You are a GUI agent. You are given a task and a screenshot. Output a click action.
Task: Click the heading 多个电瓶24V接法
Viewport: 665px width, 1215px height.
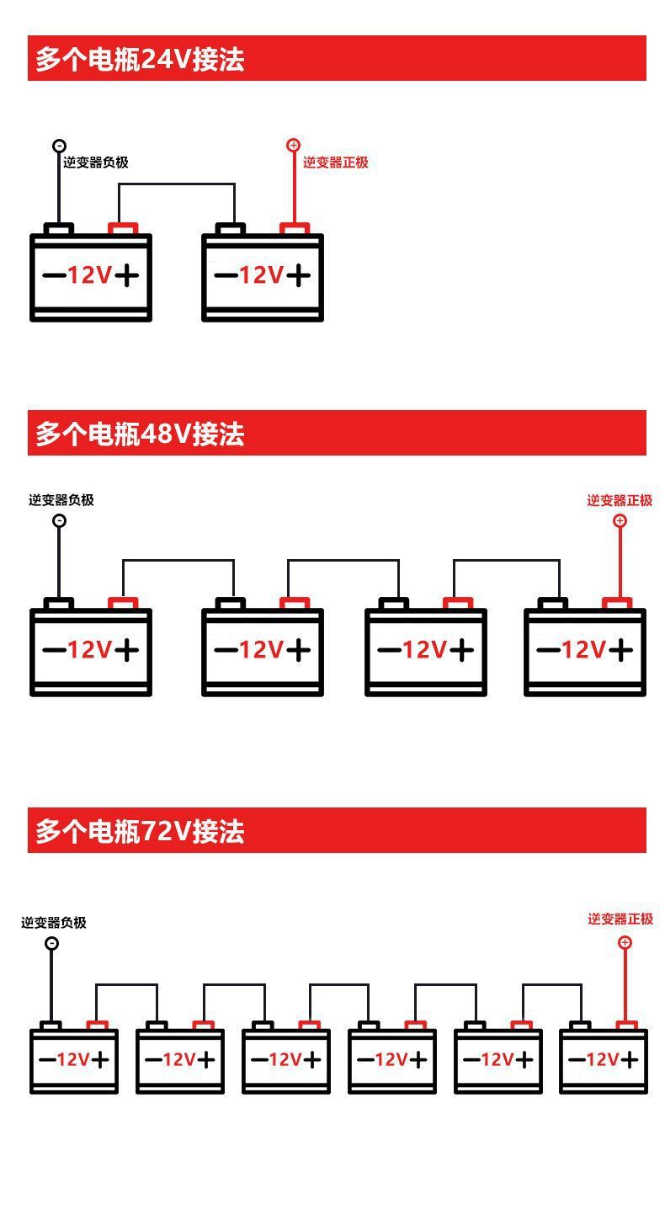(139, 59)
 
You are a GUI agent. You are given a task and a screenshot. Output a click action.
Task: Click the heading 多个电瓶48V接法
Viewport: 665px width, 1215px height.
(139, 434)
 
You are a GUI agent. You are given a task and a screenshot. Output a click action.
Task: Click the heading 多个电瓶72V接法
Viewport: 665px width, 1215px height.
(139, 831)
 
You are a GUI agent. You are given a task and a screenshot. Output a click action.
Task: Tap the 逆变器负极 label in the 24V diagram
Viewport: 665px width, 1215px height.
(96, 163)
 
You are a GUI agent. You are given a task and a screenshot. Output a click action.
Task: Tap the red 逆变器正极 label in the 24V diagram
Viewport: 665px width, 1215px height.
(336, 163)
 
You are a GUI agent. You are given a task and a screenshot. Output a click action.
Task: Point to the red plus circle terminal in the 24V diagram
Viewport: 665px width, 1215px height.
(293, 146)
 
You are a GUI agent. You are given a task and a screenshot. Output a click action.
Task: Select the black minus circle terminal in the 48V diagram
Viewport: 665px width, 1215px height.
(59, 520)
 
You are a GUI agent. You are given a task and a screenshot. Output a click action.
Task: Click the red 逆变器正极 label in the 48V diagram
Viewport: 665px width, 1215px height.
(620, 500)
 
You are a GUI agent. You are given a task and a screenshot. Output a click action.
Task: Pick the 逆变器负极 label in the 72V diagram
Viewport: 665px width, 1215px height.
(54, 923)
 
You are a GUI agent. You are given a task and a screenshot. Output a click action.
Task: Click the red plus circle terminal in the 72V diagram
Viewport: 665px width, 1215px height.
(625, 942)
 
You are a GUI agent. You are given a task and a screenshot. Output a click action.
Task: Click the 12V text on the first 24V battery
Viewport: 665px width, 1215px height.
(89, 275)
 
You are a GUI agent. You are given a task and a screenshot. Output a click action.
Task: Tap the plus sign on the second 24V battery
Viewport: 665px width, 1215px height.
(298, 275)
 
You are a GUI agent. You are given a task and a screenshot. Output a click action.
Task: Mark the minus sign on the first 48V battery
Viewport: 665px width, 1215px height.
(54, 650)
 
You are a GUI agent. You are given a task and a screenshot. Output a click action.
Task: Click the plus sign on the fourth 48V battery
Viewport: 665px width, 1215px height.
(621, 650)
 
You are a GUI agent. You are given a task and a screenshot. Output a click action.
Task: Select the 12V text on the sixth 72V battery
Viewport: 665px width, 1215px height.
(603, 1059)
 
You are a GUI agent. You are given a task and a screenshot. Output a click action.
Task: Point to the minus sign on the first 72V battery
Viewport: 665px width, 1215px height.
(48, 1060)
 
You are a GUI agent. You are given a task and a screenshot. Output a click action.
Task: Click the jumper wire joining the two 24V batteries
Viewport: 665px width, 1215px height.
(176, 184)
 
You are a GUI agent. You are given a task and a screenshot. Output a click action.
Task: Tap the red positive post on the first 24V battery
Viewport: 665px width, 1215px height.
(123, 227)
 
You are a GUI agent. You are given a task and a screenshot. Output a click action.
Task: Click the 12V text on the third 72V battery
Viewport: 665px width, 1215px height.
(285, 1059)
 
